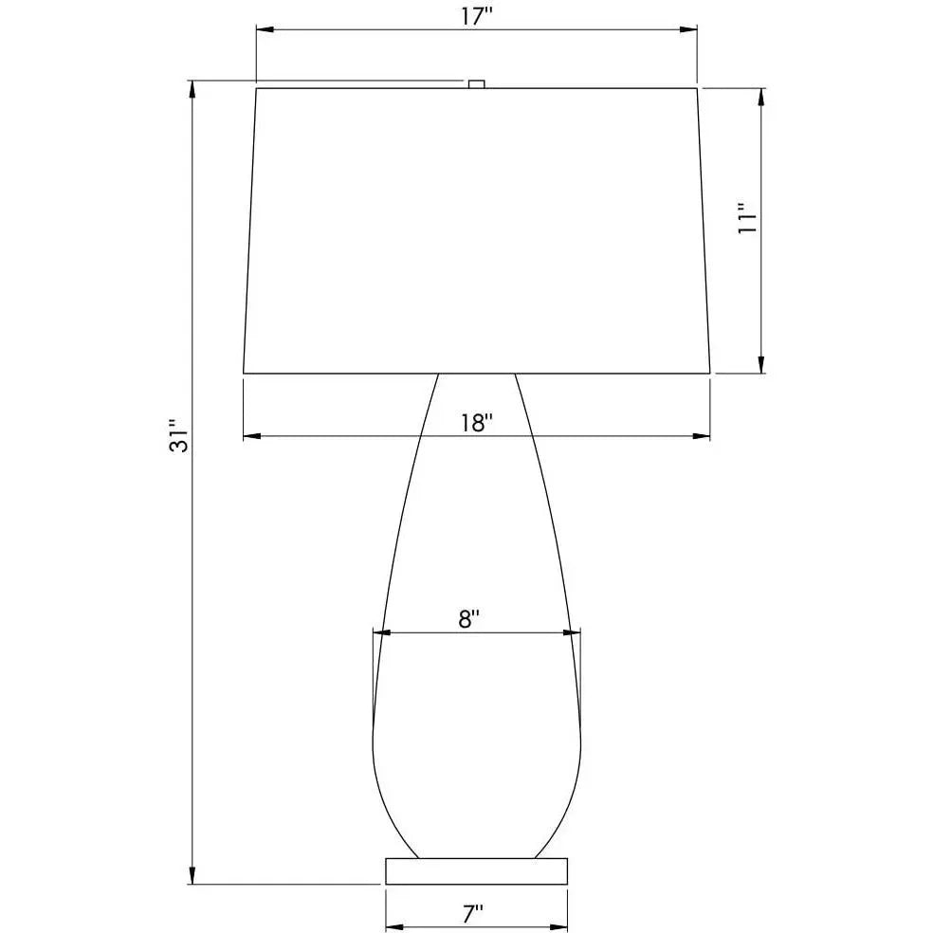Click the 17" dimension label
coord(477,16)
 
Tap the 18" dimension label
coord(477,423)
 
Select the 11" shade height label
coord(746,218)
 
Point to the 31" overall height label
coord(178,436)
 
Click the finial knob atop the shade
coord(477,83)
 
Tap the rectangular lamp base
coord(477,871)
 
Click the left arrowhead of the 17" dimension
coord(265,29)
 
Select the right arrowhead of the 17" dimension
coord(688,29)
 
